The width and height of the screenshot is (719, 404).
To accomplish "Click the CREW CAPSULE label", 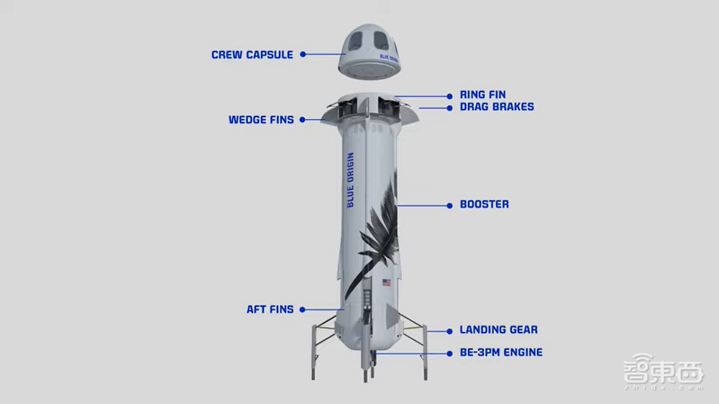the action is tap(252, 55).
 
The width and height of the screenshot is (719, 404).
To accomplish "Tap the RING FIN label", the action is tap(483, 94).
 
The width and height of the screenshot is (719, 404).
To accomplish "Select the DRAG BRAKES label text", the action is tap(497, 107).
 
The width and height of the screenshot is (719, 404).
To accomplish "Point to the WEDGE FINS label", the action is tap(261, 119).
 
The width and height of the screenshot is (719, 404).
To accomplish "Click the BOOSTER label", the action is tap(484, 204).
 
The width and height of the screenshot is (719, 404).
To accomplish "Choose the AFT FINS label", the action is tap(270, 310).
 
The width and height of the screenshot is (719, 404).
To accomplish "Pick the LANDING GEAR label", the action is tap(498, 330).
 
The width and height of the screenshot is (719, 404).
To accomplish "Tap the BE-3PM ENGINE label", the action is tap(501, 352).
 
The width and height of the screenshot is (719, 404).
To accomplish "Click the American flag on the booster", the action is tap(387, 283).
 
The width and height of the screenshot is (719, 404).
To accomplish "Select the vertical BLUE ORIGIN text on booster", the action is tap(351, 180).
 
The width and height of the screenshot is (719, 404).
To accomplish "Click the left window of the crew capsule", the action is tap(355, 41).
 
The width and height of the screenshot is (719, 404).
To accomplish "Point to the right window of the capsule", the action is tap(380, 40).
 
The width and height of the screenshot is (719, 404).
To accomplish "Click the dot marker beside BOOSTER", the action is tap(450, 206).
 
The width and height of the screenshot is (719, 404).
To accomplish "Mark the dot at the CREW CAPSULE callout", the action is tap(303, 54).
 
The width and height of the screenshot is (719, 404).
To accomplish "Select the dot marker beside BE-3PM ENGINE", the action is tap(450, 354).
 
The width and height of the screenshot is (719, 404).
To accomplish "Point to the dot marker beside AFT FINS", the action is tap(303, 310).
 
